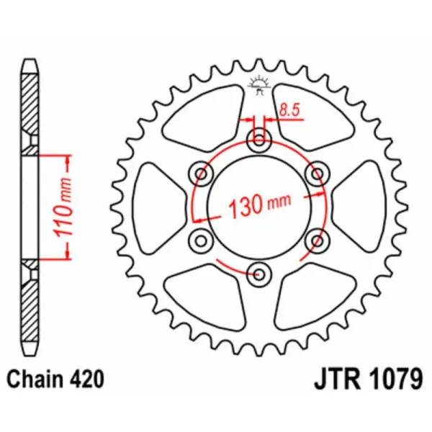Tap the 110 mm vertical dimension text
tap(62, 206)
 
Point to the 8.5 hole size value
tap(289, 110)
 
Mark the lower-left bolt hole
tap(201, 239)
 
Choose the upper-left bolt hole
tap(201, 173)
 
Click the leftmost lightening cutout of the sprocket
tap(158, 206)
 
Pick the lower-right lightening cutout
tap(311, 295)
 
